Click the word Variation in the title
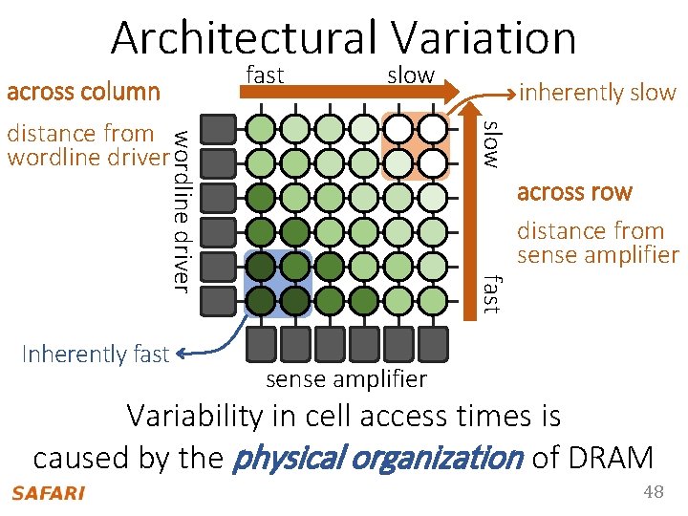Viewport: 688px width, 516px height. [x=483, y=38]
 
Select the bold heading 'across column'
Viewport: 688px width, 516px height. [x=83, y=92]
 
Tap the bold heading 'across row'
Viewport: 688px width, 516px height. [x=574, y=192]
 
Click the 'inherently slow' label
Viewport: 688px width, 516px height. [x=597, y=93]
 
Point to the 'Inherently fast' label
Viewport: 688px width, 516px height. [x=95, y=354]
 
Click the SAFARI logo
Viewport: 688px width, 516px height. [x=48, y=493]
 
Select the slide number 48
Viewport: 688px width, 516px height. [x=654, y=492]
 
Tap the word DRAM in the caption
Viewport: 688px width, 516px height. [x=608, y=458]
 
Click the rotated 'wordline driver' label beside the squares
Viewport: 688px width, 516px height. [x=181, y=207]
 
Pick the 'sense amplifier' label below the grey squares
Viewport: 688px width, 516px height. [x=346, y=379]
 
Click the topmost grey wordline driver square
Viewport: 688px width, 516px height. [x=221, y=128]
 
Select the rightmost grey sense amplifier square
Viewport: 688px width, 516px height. [x=433, y=341]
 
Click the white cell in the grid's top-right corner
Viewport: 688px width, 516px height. [x=433, y=128]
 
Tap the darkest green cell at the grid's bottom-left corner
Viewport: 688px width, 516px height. [x=261, y=300]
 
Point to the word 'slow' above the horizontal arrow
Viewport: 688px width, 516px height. [x=411, y=75]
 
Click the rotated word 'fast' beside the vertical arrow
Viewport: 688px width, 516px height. [x=490, y=292]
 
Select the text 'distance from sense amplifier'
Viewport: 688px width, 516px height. [x=597, y=243]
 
